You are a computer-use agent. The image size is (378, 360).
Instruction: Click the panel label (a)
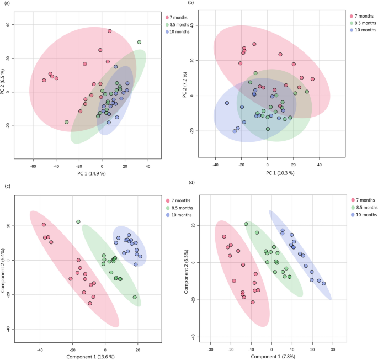click(6, 4)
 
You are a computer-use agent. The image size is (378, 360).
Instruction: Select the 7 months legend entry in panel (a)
click(179, 18)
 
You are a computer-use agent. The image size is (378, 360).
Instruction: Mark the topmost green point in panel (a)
click(140, 42)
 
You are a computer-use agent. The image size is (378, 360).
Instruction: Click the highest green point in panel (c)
click(78, 222)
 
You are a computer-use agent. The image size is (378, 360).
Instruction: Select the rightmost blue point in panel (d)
click(323, 283)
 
